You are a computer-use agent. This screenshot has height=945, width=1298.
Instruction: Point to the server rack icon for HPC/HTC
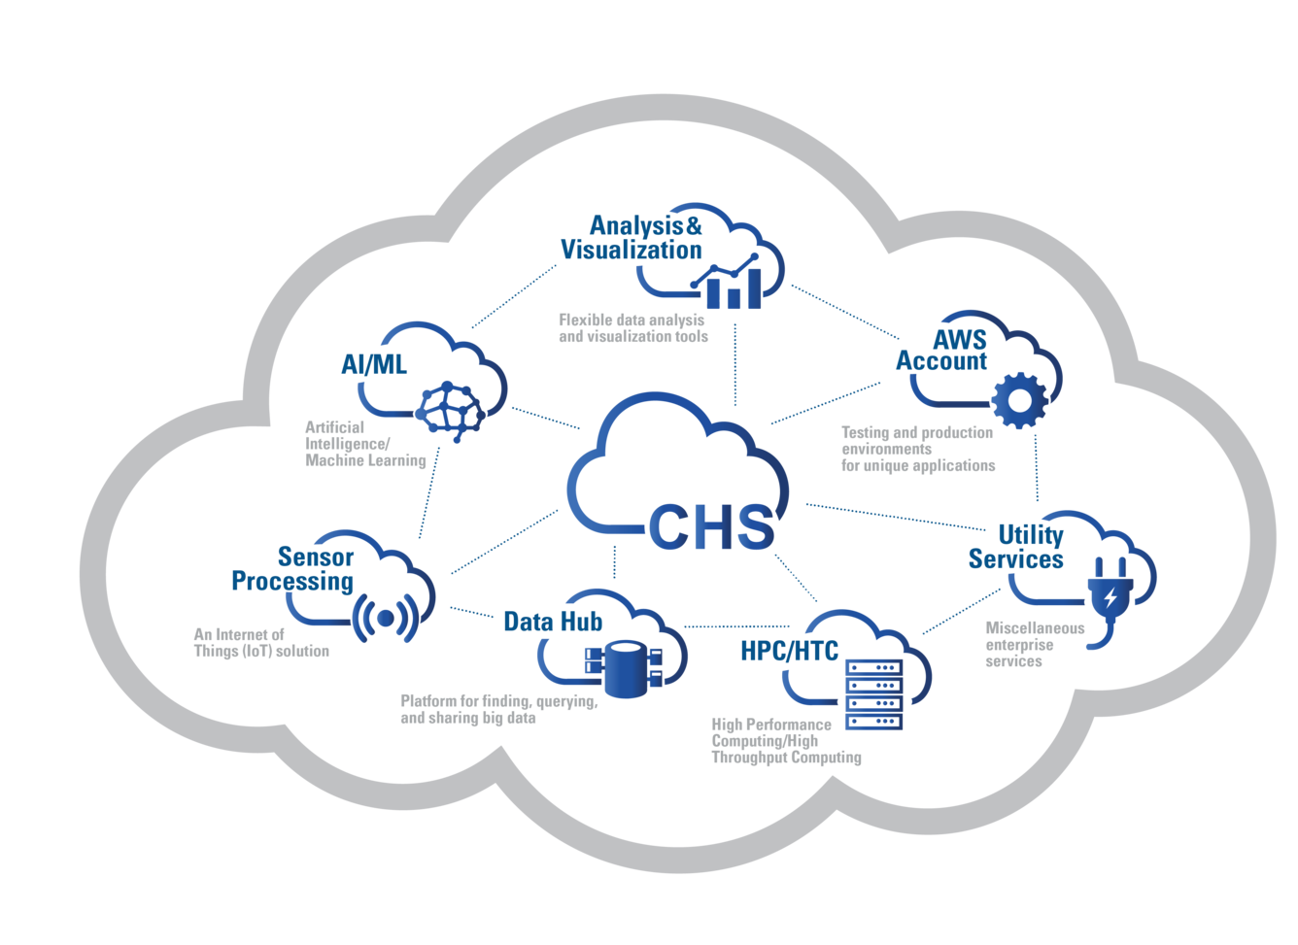[x=873, y=693]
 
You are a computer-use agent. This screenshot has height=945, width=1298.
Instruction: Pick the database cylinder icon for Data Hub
[x=621, y=668]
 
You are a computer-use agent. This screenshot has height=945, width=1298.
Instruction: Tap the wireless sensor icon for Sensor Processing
[x=384, y=617]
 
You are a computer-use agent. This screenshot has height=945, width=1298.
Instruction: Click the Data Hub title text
[x=553, y=622]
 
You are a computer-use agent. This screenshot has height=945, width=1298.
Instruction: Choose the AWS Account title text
[x=941, y=350]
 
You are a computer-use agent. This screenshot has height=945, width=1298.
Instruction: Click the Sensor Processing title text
[x=292, y=568]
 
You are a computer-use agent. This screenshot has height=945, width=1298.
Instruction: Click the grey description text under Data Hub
[x=496, y=709]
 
